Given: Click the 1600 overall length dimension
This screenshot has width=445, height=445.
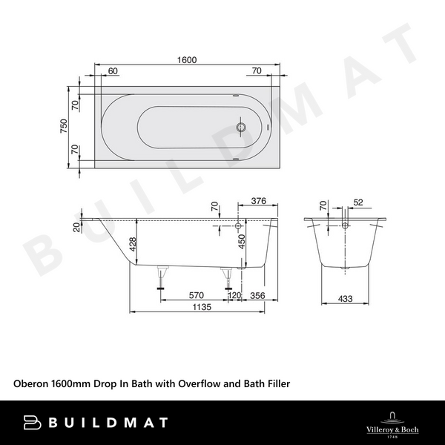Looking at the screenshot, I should pyautogui.click(x=187, y=61).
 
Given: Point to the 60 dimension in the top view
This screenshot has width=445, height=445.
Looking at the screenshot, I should pyautogui.click(x=113, y=71).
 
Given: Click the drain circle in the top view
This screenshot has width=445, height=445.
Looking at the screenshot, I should pyautogui.click(x=240, y=127).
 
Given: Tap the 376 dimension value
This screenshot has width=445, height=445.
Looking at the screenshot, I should pyautogui.click(x=258, y=200).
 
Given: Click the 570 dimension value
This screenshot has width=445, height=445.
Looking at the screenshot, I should pyautogui.click(x=195, y=294).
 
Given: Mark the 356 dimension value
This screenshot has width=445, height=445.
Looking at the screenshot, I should pyautogui.click(x=258, y=294).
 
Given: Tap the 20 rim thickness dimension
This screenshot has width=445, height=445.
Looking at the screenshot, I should pyautogui.click(x=76, y=227).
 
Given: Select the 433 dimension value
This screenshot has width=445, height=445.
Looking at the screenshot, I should pyautogui.click(x=346, y=299).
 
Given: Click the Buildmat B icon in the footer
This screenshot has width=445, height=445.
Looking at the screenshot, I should pyautogui.click(x=33, y=423).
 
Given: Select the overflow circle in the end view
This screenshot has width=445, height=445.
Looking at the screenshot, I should pyautogui.click(x=346, y=225).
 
